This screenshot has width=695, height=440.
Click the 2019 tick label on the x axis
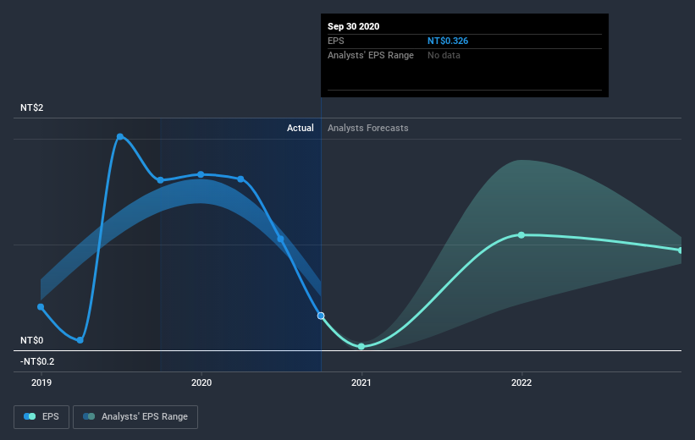(41, 382)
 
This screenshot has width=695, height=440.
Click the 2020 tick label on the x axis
(201, 382)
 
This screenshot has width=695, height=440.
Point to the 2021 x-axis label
(361, 382)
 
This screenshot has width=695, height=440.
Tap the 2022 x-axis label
(521, 382)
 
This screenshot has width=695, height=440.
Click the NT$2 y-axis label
(33, 107)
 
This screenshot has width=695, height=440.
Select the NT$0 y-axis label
(33, 340)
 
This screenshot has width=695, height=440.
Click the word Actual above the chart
(300, 128)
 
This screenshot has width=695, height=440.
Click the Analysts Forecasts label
(367, 128)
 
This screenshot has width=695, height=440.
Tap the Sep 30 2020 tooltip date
(354, 26)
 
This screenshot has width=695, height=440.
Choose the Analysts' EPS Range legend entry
(136, 416)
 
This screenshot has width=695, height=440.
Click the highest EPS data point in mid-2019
(120, 136)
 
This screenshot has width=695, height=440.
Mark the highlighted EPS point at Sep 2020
(321, 316)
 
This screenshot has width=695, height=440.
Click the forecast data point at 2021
(361, 346)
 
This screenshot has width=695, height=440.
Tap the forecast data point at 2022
(521, 234)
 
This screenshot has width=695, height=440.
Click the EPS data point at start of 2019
(41, 307)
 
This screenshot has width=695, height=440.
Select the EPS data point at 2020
(201, 174)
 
